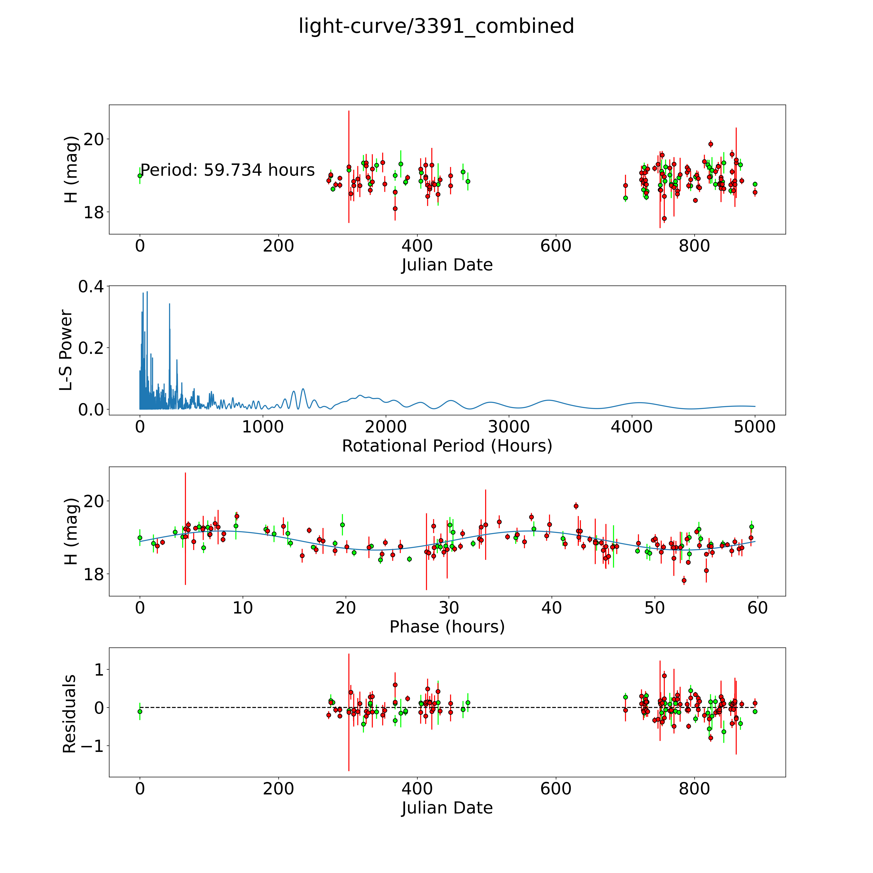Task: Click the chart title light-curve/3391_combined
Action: (436, 26)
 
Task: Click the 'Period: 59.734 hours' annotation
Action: (227, 170)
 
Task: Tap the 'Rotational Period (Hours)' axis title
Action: (447, 446)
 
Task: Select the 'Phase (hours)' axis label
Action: (447, 627)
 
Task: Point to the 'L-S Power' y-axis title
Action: (66, 350)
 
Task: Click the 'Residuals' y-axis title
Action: (69, 714)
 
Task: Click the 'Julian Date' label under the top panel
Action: (447, 265)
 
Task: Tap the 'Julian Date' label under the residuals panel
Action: (447, 808)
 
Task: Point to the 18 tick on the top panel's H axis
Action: (94, 212)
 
